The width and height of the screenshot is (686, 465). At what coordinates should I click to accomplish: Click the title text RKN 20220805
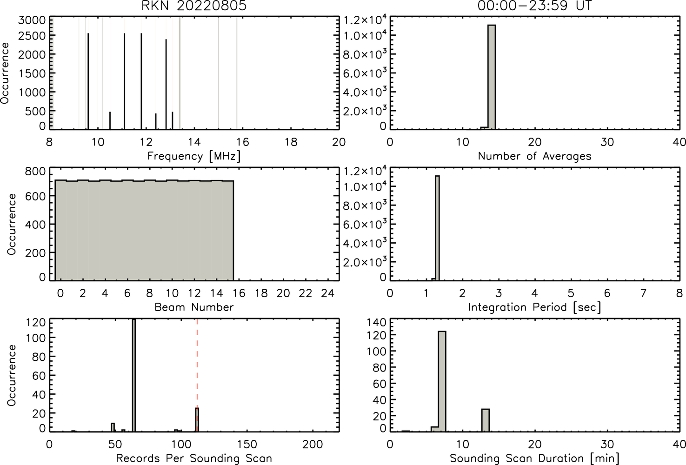(x=194, y=6)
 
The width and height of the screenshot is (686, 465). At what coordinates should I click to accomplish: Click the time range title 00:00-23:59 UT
(x=534, y=6)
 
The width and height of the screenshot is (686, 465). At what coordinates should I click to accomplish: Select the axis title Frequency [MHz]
(x=194, y=156)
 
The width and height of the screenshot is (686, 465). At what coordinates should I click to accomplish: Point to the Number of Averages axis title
(x=534, y=156)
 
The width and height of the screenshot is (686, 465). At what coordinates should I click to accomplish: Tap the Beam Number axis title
(x=194, y=307)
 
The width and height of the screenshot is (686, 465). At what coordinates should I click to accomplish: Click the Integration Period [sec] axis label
(x=534, y=307)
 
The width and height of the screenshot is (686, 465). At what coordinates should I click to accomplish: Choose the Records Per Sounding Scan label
(x=194, y=458)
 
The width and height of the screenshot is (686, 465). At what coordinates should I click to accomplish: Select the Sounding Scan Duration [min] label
(x=534, y=458)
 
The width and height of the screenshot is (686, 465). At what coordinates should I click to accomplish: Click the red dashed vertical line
(x=197, y=375)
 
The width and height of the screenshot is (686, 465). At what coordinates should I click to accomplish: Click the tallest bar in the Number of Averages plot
(x=492, y=77)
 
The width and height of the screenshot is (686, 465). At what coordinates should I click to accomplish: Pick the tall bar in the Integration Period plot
(x=437, y=228)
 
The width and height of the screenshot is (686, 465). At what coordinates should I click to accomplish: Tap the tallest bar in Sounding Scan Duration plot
(x=442, y=381)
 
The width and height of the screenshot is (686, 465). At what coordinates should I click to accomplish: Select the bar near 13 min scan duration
(x=486, y=420)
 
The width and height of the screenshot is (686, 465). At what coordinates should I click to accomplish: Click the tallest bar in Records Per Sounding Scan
(x=133, y=375)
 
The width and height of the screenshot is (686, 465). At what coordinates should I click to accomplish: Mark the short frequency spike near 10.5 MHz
(x=110, y=120)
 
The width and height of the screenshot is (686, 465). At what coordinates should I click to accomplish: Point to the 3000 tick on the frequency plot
(x=32, y=20)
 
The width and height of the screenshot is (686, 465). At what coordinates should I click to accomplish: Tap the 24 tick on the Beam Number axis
(x=328, y=293)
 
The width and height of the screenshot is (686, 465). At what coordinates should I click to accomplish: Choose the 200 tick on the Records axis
(x=313, y=444)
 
